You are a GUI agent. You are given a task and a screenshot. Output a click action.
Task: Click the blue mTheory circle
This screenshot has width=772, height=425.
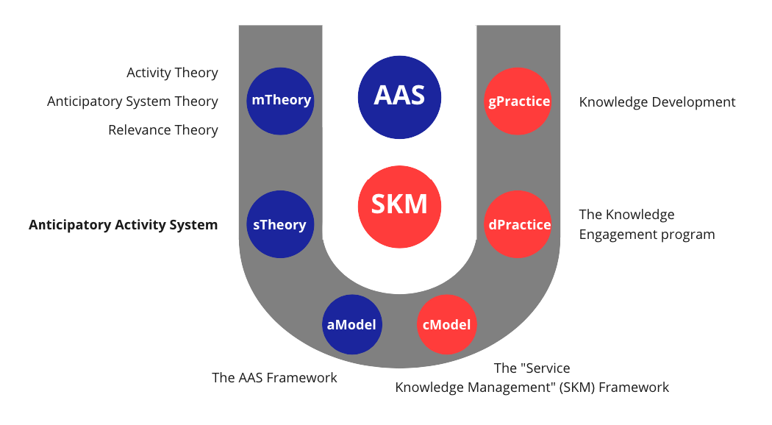point(281,101)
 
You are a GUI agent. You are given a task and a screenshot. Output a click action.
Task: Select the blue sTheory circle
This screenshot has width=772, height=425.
point(279,225)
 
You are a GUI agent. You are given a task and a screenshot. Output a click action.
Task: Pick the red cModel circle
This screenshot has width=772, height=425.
point(446,324)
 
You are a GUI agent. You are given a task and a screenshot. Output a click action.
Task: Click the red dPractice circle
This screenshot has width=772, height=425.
point(519,225)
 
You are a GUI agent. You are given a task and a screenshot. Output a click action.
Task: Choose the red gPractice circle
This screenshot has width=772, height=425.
point(519,101)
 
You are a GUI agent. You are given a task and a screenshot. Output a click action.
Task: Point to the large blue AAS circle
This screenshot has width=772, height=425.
point(399,96)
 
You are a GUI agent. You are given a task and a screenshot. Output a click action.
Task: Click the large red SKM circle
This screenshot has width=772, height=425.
point(399,204)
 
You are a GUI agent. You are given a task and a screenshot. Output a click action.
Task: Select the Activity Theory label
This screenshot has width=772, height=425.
point(172,72)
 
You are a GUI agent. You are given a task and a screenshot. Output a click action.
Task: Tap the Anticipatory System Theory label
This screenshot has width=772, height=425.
point(132,101)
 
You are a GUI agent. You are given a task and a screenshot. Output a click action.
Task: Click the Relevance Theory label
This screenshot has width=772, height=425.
point(163,129)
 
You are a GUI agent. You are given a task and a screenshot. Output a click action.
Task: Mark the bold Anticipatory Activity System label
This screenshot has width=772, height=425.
point(124,225)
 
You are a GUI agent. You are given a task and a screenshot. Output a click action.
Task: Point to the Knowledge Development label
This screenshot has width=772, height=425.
point(657,102)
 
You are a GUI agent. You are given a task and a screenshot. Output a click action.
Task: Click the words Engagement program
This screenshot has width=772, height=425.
point(647,235)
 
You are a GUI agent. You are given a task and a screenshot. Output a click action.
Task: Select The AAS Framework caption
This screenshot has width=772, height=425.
point(274,377)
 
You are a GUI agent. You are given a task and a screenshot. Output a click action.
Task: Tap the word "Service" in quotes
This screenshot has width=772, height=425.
point(544,368)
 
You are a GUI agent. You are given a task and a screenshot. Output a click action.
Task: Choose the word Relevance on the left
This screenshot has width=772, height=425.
point(135,129)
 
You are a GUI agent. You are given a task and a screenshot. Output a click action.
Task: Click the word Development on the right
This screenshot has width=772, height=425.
point(691,102)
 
